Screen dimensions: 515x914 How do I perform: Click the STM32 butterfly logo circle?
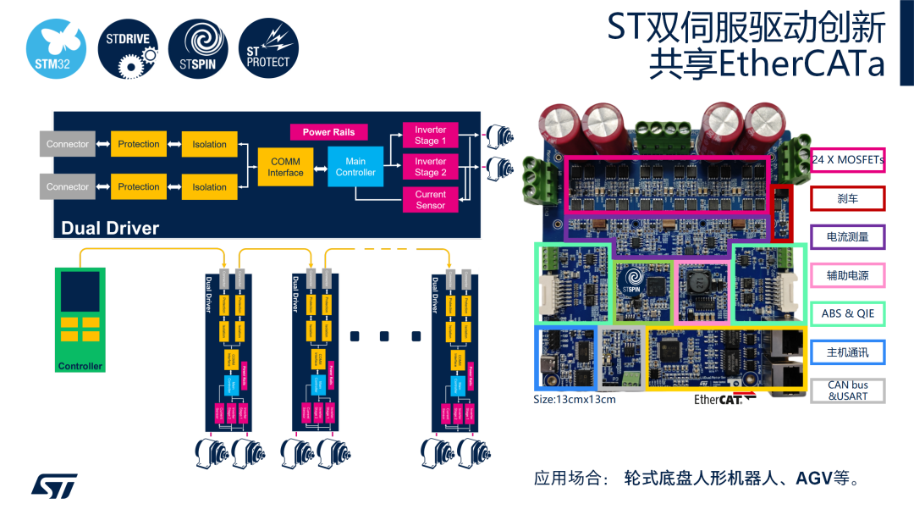56,48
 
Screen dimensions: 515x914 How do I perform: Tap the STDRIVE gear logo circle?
128,48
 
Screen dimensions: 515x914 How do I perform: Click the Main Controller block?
355,166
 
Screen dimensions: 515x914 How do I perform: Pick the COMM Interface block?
286,167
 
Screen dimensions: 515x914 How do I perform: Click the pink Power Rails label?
328,132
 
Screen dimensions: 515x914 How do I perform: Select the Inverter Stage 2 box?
430,167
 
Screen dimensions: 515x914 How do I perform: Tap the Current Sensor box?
430,200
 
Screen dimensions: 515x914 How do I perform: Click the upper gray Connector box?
68,144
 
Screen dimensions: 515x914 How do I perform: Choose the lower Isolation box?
209,187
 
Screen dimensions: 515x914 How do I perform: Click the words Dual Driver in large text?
110,228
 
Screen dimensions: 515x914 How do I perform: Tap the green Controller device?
80,320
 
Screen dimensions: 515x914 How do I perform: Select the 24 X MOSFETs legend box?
847,159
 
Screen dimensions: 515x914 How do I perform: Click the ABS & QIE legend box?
847,313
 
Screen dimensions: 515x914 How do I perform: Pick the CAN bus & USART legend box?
847,390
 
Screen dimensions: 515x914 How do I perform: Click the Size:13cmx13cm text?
575,399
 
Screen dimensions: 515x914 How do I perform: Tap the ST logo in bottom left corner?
54,485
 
